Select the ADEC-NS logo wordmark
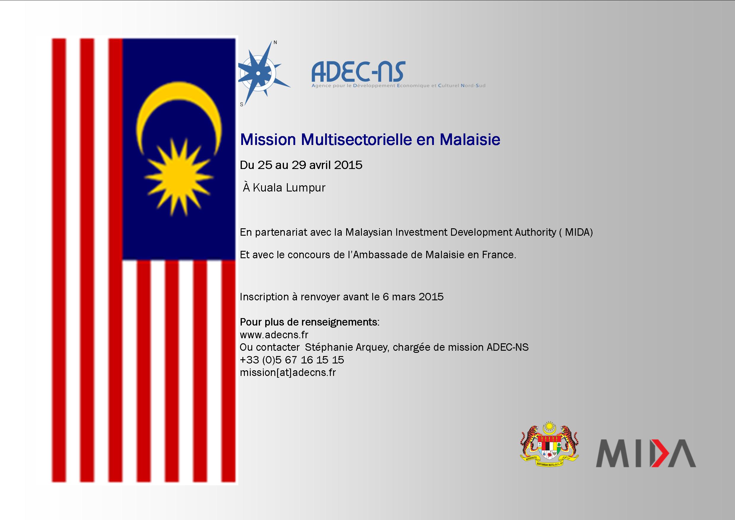[x=358, y=71]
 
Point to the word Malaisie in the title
[x=470, y=139]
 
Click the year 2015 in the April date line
[x=348, y=165]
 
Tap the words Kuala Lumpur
[x=289, y=188]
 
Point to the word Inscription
[x=264, y=297]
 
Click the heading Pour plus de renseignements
[x=309, y=323]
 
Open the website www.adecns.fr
[x=274, y=335]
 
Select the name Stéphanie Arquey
[x=347, y=347]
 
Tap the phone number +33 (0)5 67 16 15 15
[x=292, y=360]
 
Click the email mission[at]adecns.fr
[x=288, y=373]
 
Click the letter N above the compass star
[x=275, y=43]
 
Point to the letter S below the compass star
[x=242, y=104]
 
